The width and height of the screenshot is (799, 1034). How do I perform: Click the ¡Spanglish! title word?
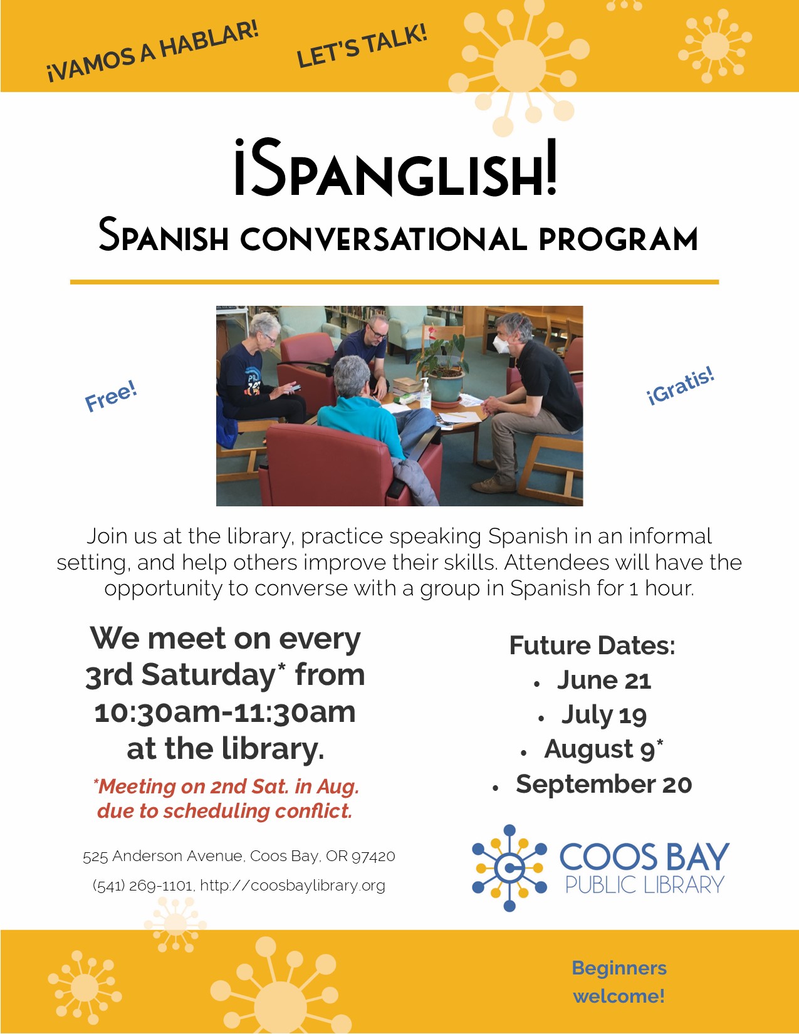[x=395, y=167]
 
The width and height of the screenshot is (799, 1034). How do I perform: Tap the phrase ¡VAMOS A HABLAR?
[x=153, y=51]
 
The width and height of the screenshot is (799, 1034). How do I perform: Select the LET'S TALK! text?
[x=362, y=46]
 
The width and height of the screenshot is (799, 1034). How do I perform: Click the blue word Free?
[x=111, y=396]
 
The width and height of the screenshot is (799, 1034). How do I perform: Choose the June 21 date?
[x=604, y=680]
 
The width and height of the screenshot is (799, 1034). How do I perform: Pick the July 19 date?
[x=604, y=715]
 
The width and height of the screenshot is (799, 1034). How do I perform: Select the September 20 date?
[x=604, y=785]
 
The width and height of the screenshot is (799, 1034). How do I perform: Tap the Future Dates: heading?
[x=592, y=645]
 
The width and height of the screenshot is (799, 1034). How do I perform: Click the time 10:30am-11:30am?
[x=224, y=713]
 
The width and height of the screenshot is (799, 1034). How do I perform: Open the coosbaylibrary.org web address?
[x=293, y=885]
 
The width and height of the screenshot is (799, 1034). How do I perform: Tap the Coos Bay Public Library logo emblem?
[x=509, y=869]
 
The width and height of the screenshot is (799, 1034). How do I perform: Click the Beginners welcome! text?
[x=619, y=982]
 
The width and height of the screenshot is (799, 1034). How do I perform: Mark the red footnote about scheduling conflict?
[x=225, y=799]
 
